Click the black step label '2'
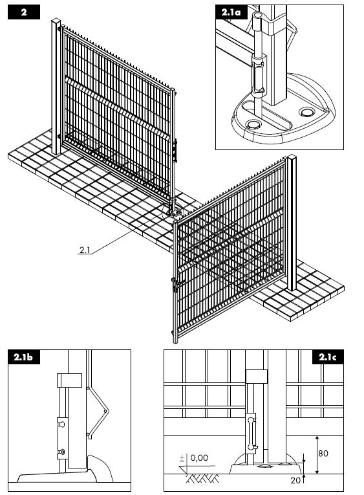(x=24, y=13)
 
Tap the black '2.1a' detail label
(x=231, y=12)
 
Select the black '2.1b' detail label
(x=24, y=357)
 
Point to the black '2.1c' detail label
(x=328, y=357)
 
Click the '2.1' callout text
(x=85, y=250)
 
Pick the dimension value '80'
(x=323, y=454)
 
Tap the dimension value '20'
(x=295, y=481)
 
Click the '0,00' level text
(x=199, y=457)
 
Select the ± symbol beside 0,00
(x=182, y=458)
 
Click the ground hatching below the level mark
(x=202, y=479)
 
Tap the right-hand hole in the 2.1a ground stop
(x=306, y=112)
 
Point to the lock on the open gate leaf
(x=174, y=285)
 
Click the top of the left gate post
(x=56, y=21)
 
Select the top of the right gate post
(x=292, y=157)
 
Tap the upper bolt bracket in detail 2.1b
(x=61, y=424)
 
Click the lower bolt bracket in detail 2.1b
(x=62, y=453)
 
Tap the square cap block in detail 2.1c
(x=257, y=377)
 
